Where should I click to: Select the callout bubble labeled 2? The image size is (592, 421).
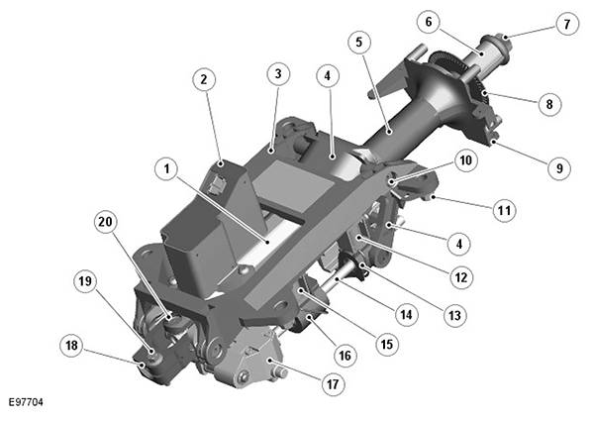[x=203, y=79]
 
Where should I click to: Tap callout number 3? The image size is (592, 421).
[x=278, y=72]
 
